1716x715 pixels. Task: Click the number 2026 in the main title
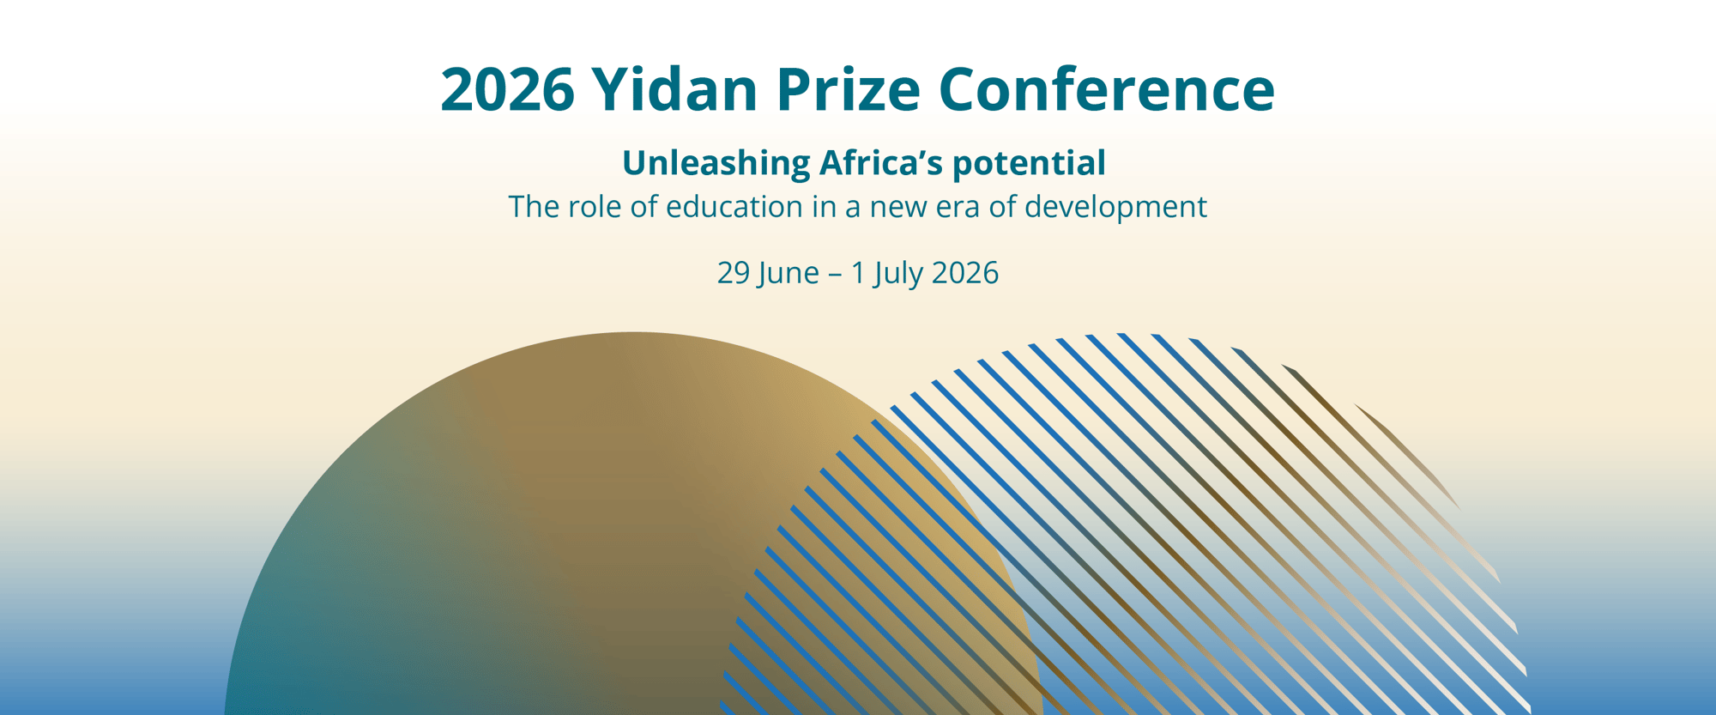507,89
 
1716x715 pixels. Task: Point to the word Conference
1107,89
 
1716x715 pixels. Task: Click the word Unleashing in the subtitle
716,163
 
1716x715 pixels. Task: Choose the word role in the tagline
595,207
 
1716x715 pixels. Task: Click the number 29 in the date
734,273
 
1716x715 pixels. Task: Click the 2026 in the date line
965,273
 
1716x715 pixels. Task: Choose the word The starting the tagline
533,207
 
